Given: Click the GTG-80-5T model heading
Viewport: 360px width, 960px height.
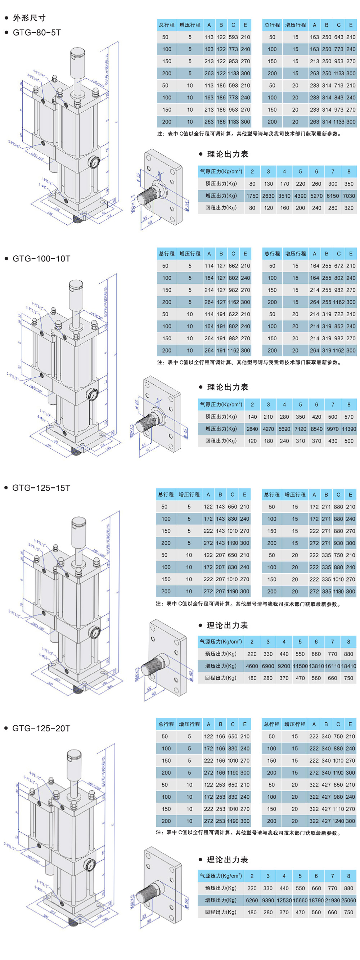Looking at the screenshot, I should click(36, 32).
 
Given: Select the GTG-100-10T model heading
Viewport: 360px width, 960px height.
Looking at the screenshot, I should click(41, 258).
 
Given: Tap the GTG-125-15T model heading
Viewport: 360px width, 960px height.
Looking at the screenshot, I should click(41, 488).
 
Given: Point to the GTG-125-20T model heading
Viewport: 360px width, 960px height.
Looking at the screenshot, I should click(41, 728).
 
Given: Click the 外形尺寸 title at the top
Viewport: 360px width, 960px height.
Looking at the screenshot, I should click(29, 18).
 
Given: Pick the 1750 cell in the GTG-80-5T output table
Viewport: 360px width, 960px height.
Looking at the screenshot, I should click(252, 196).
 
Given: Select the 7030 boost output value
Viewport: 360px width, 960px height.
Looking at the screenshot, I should click(349, 196).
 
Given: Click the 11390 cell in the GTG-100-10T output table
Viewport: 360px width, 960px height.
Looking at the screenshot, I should click(349, 429).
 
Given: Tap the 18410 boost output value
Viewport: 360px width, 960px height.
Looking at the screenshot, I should click(348, 666).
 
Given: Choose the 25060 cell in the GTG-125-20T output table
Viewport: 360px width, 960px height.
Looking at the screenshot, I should click(348, 900).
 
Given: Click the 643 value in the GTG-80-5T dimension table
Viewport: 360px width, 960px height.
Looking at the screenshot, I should click(339, 37).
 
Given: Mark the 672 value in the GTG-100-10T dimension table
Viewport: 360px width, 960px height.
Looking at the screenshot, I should click(339, 266).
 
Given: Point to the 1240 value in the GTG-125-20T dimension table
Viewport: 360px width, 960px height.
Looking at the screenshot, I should click(338, 821).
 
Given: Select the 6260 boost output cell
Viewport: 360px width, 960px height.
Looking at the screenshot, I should click(252, 900).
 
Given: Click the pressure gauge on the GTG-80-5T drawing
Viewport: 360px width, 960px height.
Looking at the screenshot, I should click(94, 162).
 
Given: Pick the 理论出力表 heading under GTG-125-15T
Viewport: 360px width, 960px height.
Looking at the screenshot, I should click(227, 625).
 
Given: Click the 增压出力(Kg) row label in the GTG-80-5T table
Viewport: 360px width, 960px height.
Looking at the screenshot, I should click(221, 196).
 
